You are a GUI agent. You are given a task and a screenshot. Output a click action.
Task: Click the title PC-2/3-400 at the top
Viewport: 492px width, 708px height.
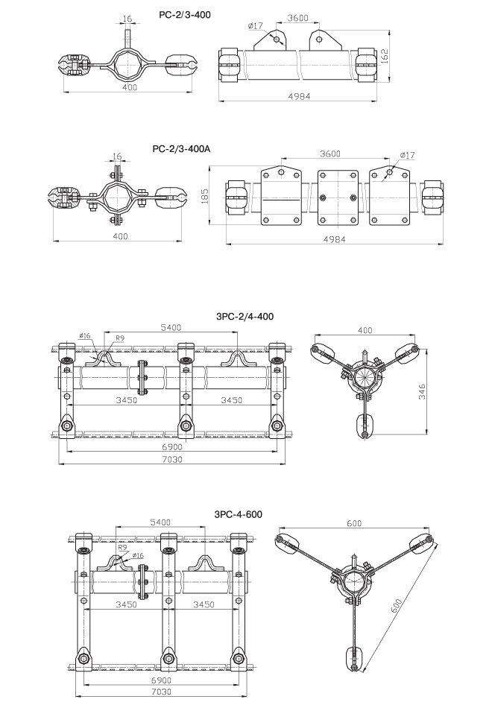[x=184, y=14]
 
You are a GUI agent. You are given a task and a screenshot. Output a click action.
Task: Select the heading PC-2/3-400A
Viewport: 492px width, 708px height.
[x=182, y=148]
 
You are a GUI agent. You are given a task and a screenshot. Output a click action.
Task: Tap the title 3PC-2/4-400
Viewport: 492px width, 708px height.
[x=245, y=317]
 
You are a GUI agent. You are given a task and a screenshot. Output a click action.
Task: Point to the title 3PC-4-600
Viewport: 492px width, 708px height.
[x=238, y=514]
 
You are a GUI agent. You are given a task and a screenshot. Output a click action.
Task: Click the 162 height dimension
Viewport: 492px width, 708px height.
[x=385, y=56]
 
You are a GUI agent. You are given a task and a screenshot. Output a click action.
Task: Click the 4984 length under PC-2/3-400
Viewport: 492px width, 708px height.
[x=299, y=95]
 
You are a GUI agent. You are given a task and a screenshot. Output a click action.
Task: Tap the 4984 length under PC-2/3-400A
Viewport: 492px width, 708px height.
[x=334, y=239]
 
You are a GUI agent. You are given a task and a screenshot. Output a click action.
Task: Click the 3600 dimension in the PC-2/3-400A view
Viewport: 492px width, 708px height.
[x=330, y=154]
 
